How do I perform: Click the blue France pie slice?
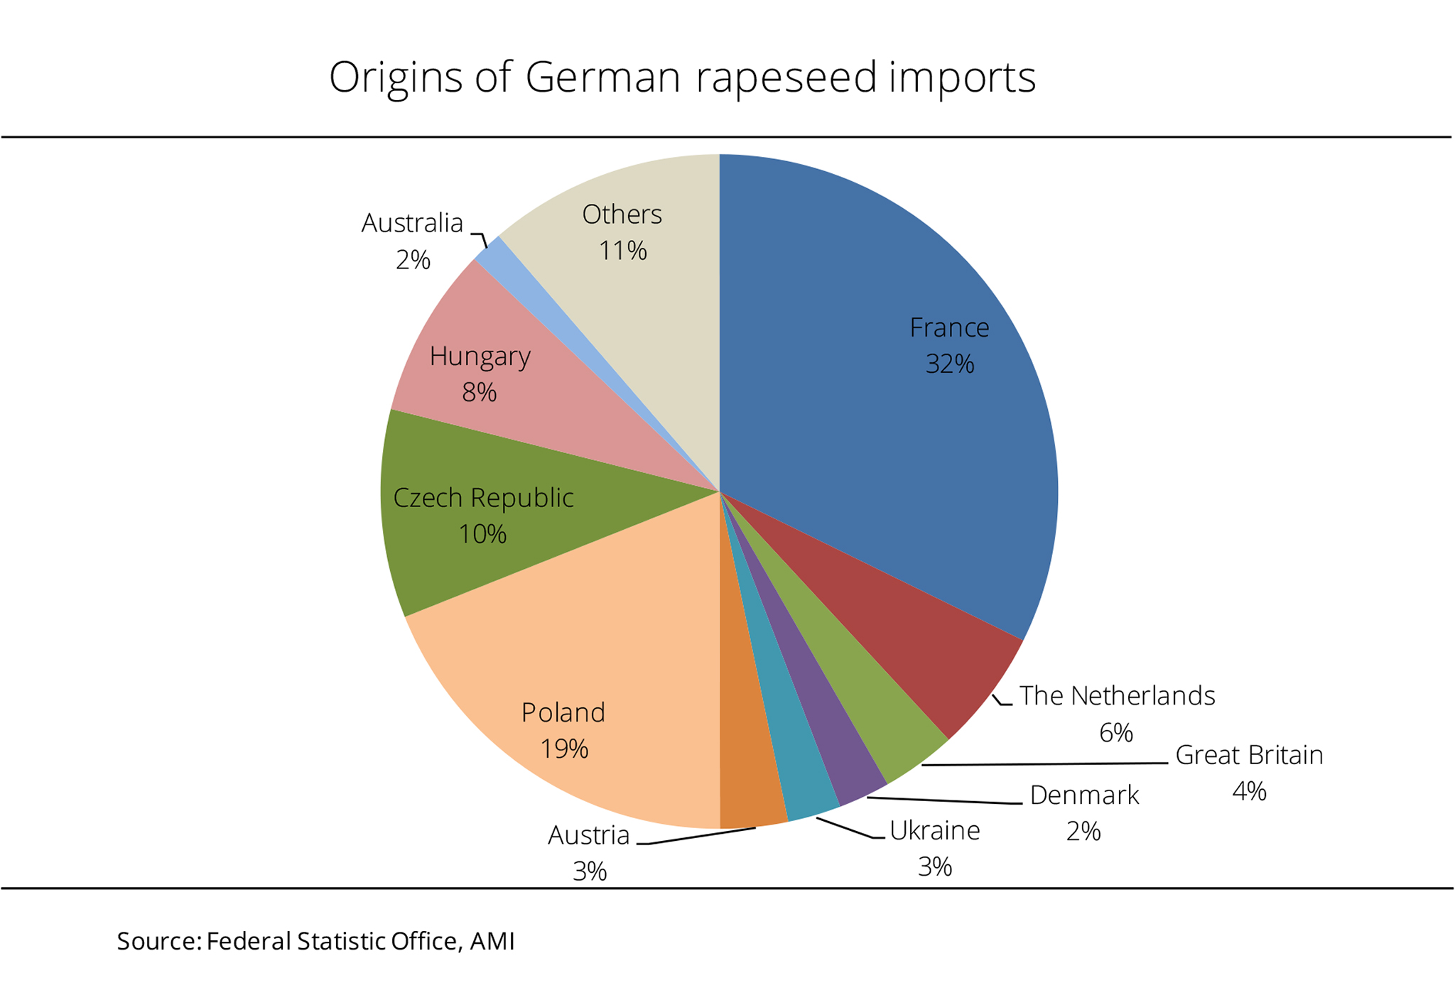tap(888, 426)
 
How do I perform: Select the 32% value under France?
tap(949, 364)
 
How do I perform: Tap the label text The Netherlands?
tap(1117, 696)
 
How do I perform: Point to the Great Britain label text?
tap(1249, 755)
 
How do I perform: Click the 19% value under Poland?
tap(564, 749)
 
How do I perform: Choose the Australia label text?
tap(412, 223)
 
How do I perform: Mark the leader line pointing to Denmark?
tap(945, 801)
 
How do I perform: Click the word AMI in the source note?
tap(492, 941)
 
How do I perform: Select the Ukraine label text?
tap(934, 830)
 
